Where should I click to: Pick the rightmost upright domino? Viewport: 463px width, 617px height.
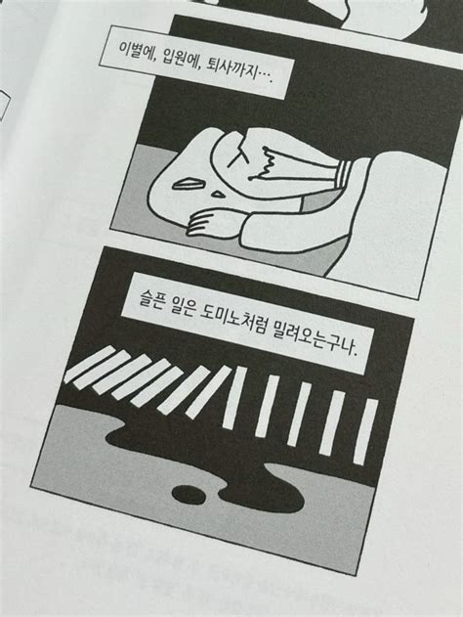tap(363, 431)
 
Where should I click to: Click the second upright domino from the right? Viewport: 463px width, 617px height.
tap(332, 422)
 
